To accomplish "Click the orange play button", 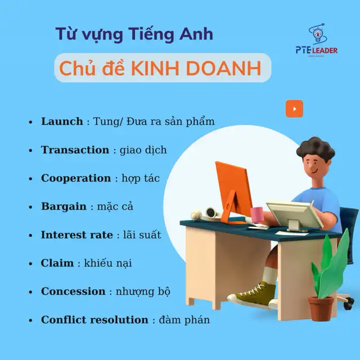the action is coord(294,109).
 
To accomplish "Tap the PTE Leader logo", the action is coord(317,40).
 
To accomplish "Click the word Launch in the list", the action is coord(62,121).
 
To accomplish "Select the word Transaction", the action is coord(75,150).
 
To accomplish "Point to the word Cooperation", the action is coord(76,178).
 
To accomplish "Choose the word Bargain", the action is coord(64,206).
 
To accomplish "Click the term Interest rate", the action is coord(77,235).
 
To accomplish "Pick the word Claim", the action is coord(57,263).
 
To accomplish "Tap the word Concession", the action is coord(73,291).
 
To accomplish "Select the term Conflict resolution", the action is coord(94,319).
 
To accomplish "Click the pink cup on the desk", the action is coord(256,214).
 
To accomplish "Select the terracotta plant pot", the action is coord(321,308).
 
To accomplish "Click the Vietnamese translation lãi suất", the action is coord(142,235).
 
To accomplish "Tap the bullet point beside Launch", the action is coord(30,122).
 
